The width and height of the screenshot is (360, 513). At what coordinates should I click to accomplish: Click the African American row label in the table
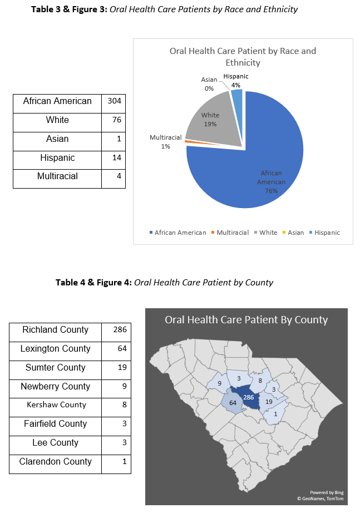57,101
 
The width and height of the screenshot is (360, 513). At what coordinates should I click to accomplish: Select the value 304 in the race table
115,101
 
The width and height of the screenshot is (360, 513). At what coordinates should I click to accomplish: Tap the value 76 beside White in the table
116,120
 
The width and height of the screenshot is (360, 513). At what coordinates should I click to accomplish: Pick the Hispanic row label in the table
57,158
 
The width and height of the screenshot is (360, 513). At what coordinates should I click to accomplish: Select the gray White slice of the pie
211,120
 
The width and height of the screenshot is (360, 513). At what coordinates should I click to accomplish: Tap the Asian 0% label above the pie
209,84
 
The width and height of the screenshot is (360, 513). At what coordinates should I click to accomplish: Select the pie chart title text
243,56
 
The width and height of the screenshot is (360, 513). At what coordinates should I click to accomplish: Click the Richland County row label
55,330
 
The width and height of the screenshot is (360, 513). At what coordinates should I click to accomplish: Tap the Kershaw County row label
57,405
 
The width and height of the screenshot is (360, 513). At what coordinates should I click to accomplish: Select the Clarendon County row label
56,462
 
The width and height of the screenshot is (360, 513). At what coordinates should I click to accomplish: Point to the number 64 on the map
233,403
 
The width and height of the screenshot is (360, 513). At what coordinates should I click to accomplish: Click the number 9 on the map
220,383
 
